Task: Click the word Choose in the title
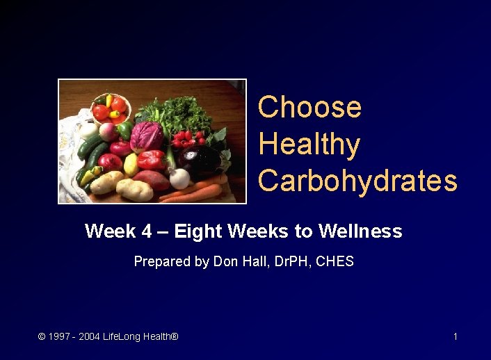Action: (309, 108)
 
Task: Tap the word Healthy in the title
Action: (309, 145)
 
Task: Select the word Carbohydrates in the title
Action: (357, 181)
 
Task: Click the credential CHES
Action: (335, 262)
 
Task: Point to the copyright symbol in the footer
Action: (42, 337)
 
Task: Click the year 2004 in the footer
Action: (89, 337)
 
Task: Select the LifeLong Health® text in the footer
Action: (140, 337)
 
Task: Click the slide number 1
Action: (455, 337)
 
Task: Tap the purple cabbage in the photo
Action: (147, 135)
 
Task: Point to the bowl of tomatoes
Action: (110, 107)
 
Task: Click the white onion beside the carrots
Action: (179, 179)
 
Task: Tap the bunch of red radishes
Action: (188, 138)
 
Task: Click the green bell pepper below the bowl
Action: (124, 130)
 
